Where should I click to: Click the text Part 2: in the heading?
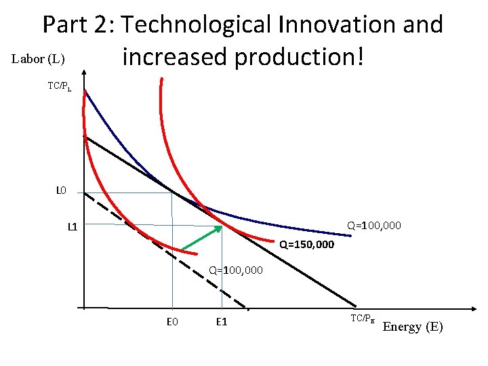click(78, 25)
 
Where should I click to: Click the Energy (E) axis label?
click(413, 327)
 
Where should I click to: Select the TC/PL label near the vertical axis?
click(59, 86)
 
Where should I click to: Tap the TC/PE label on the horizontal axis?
click(363, 318)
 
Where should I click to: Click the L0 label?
click(61, 190)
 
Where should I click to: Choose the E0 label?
click(172, 321)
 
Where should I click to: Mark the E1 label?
click(221, 321)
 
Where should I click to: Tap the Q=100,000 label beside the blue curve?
click(374, 224)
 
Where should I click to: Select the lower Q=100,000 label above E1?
click(236, 270)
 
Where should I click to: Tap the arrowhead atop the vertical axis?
click(84, 70)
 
